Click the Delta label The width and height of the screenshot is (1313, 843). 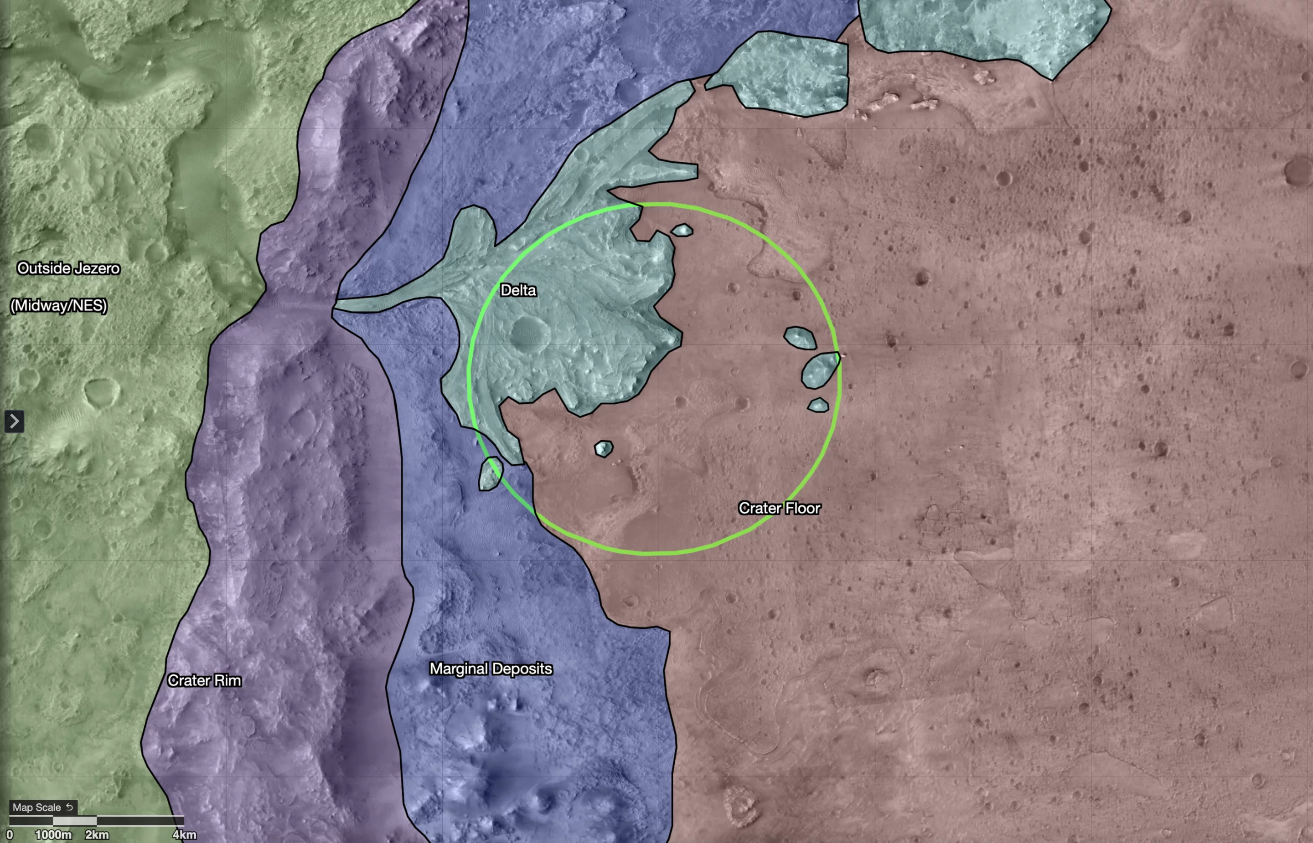[518, 290]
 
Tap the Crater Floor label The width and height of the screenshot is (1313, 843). [779, 508]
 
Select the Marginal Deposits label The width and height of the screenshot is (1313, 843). [491, 668]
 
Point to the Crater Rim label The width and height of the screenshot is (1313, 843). [204, 680]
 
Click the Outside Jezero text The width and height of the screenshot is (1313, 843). [68, 268]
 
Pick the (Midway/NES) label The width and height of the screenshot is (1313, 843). [59, 305]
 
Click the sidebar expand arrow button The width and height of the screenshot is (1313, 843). [14, 421]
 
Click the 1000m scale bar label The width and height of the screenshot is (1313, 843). [53, 835]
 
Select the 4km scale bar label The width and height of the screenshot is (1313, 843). [184, 835]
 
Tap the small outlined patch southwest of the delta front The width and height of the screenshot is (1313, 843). [604, 449]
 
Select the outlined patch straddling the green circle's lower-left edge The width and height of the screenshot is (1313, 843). [490, 474]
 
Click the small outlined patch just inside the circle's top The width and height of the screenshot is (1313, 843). [682, 231]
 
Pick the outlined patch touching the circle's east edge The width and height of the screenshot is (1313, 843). [820, 370]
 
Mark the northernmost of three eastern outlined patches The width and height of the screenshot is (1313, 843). [800, 338]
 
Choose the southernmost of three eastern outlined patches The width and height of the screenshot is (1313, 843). [818, 406]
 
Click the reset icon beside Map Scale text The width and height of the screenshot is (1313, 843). [70, 807]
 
